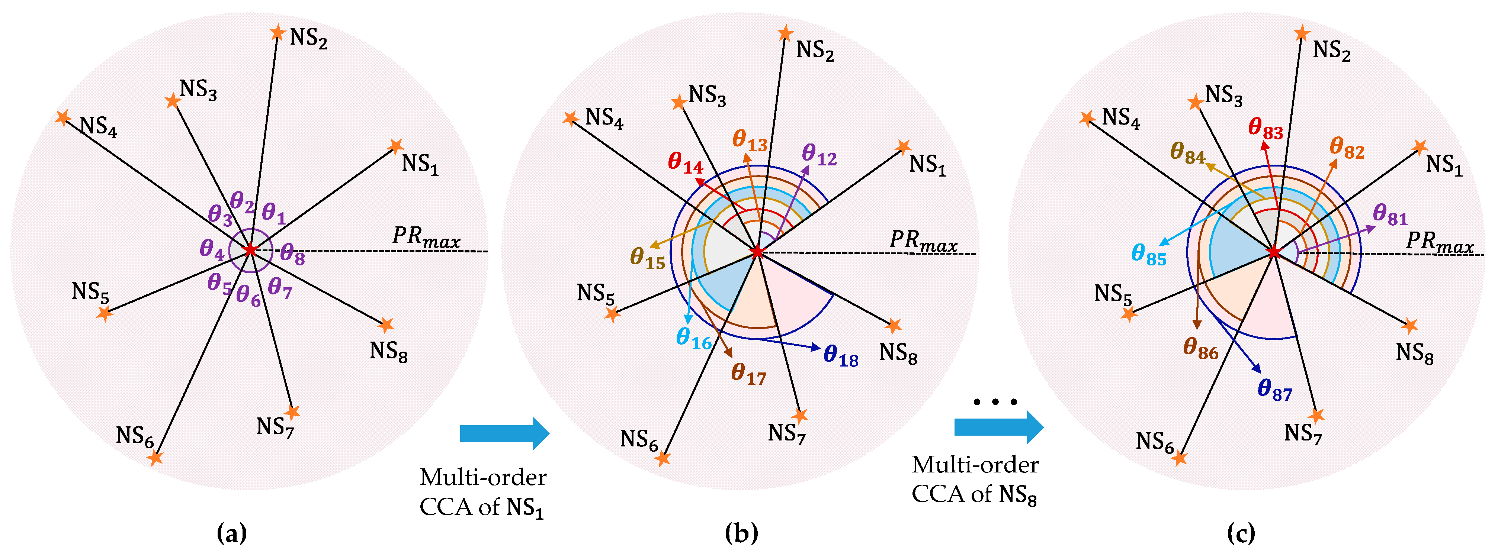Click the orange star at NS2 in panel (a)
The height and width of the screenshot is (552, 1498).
coord(278,33)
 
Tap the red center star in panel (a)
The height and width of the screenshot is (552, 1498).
coord(250,250)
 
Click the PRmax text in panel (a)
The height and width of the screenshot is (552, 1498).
coord(426,237)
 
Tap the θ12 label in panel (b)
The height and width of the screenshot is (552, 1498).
coord(819,155)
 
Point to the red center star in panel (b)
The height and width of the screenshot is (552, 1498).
coord(757,252)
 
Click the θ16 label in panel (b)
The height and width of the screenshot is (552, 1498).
coord(694,338)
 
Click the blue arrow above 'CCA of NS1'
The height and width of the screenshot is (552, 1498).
coord(504,433)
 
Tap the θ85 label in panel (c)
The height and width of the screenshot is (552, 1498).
coord(1148,255)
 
